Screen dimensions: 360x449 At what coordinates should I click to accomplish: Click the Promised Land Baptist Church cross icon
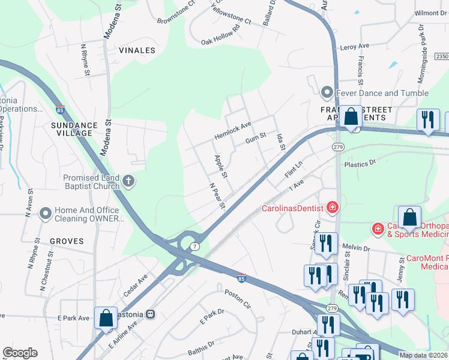[x=128, y=180]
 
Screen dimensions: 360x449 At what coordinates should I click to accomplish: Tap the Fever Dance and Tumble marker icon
[x=327, y=93]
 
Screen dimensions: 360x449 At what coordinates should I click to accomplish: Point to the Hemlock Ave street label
[x=233, y=132]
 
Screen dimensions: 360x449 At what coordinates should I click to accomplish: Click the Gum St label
[x=256, y=140]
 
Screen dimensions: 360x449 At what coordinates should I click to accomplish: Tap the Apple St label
[x=221, y=166]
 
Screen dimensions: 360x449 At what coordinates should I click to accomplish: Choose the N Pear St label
[x=217, y=196]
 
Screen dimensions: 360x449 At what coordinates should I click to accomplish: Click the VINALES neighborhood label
[x=137, y=50]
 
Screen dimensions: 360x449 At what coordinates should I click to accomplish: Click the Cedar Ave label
[x=135, y=285]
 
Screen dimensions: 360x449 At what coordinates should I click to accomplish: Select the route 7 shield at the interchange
[x=194, y=247]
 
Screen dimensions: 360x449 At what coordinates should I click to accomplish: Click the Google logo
[x=20, y=353]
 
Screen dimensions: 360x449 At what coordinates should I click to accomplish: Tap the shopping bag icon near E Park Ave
[x=106, y=318]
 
